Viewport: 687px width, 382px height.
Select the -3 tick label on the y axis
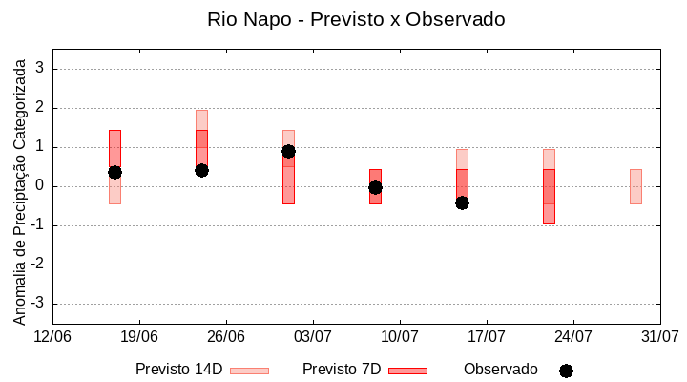(37, 304)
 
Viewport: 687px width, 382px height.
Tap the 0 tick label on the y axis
(40, 186)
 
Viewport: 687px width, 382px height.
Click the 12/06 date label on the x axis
(52, 337)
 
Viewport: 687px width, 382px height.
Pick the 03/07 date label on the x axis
(313, 337)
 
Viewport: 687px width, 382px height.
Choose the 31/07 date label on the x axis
(659, 337)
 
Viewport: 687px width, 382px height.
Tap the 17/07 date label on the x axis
(487, 337)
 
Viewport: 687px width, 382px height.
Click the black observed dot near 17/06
(114, 172)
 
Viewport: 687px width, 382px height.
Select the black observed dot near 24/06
(201, 170)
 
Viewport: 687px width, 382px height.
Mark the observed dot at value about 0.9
(288, 151)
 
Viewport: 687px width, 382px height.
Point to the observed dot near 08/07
(375, 187)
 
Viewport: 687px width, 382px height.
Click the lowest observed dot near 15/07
(462, 202)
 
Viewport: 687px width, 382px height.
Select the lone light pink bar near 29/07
(635, 186)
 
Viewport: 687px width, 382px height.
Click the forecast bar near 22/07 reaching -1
(549, 196)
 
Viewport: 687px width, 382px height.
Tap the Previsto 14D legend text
(178, 370)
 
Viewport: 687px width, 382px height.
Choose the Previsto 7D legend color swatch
(407, 371)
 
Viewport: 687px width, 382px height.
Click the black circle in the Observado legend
(566, 371)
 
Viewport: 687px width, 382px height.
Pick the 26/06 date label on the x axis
(226, 337)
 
